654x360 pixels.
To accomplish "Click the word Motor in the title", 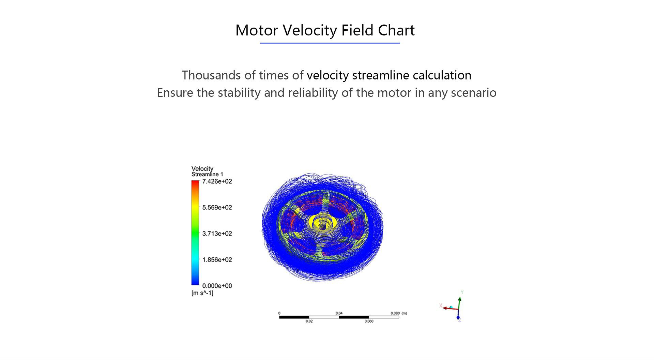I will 257,30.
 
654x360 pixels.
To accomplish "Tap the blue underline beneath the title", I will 330,43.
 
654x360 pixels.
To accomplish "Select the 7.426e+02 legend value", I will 217,181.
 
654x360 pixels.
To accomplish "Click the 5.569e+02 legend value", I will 217,208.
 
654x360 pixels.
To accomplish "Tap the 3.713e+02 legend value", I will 217,234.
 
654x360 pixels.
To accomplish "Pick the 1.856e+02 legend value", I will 217,260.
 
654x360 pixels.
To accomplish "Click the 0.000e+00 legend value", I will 217,286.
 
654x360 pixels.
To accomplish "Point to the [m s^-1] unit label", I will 202,293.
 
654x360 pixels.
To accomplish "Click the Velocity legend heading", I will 202,168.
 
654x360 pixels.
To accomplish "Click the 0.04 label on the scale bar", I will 339,313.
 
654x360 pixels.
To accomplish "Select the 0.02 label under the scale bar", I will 309,321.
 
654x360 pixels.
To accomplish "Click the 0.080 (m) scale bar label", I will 398,313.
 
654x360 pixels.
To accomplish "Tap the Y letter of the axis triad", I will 462,292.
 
